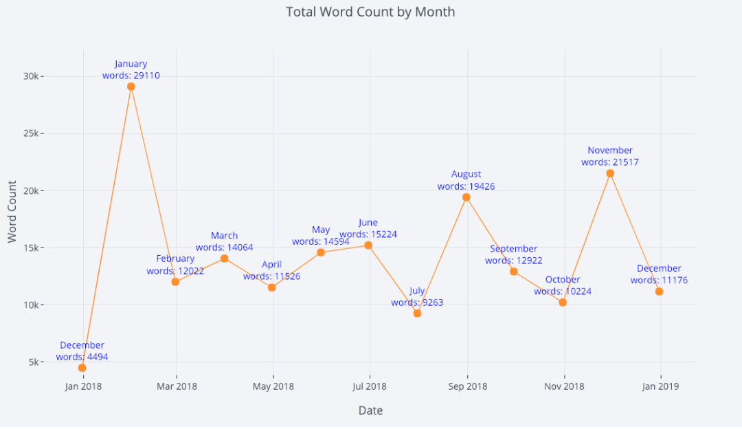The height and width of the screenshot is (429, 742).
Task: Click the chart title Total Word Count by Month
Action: coord(370,12)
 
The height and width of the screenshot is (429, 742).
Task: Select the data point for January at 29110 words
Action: coord(131,87)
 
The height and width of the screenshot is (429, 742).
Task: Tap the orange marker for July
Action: coord(417,313)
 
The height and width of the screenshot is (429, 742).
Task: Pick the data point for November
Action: coord(610,173)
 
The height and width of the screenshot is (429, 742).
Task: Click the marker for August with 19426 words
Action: coord(466,197)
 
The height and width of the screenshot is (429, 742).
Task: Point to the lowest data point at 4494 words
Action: coord(82,368)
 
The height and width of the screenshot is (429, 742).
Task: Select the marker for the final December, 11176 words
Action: coord(659,291)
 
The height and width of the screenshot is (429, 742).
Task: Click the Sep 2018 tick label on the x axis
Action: coord(467,386)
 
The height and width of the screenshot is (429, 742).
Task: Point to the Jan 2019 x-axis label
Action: coord(660,386)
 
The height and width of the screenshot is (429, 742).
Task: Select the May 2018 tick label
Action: coord(273,386)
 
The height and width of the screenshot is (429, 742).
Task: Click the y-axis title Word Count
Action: coord(12,211)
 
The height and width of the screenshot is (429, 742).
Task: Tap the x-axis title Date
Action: coord(370,410)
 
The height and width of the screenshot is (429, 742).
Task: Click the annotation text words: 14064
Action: coord(224,247)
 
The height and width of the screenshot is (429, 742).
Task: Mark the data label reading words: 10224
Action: coord(563,291)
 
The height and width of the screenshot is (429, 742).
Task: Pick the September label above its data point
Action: coord(514,249)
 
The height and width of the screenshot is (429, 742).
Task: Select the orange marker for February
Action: coord(175,282)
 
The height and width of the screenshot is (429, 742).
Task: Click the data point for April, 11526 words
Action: coord(271,287)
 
